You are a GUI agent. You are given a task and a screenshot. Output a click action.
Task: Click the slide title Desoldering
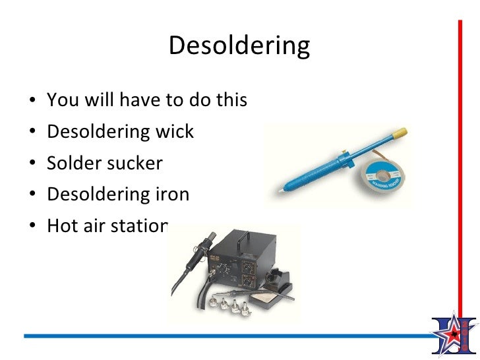coord(239,46)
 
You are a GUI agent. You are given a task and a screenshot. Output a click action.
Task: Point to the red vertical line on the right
coord(460,165)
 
